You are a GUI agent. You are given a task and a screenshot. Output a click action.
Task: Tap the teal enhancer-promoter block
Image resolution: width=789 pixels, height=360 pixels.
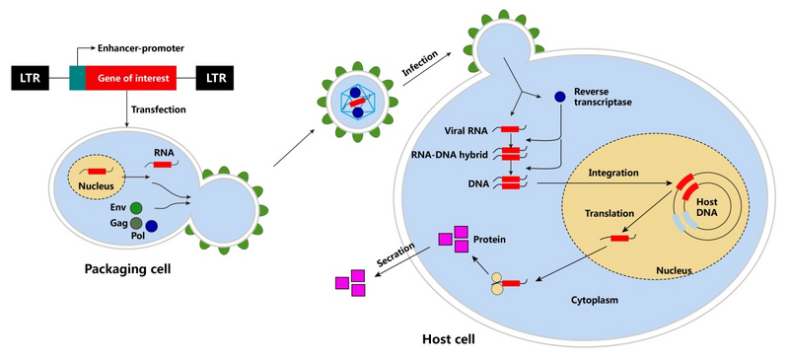pos(77,77)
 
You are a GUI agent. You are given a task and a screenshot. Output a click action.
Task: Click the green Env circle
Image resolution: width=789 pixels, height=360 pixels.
pos(136,208)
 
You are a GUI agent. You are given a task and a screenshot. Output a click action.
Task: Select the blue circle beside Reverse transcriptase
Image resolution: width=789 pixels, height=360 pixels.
pos(559,97)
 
